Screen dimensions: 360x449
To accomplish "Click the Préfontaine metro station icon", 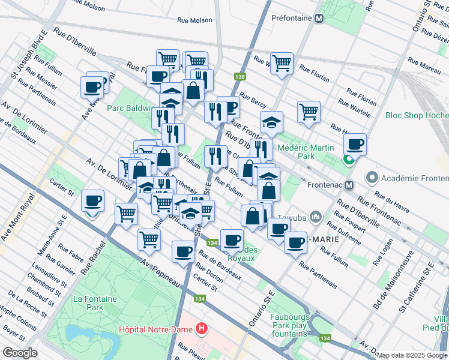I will [x=319, y=18].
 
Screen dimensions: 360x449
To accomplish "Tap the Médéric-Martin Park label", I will [x=304, y=151].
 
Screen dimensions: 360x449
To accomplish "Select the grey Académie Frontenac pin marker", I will [x=372, y=178].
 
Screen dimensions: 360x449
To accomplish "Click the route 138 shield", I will [x=240, y=77].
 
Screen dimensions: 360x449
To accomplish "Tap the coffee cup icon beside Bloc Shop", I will [x=355, y=145].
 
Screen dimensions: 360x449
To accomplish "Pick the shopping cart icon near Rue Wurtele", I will [x=308, y=112].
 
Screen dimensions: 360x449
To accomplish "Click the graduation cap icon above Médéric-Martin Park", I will [x=271, y=122].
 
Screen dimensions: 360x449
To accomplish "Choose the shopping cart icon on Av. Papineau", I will [x=149, y=239].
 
